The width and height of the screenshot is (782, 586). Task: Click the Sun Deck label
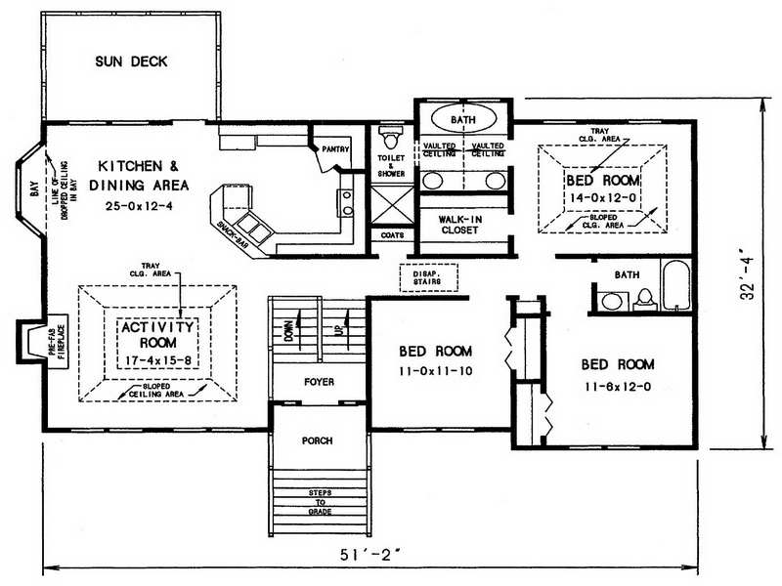[x=131, y=62]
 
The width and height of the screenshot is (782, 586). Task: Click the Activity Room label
[x=158, y=333]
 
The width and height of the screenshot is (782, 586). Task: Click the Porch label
[x=317, y=440]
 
